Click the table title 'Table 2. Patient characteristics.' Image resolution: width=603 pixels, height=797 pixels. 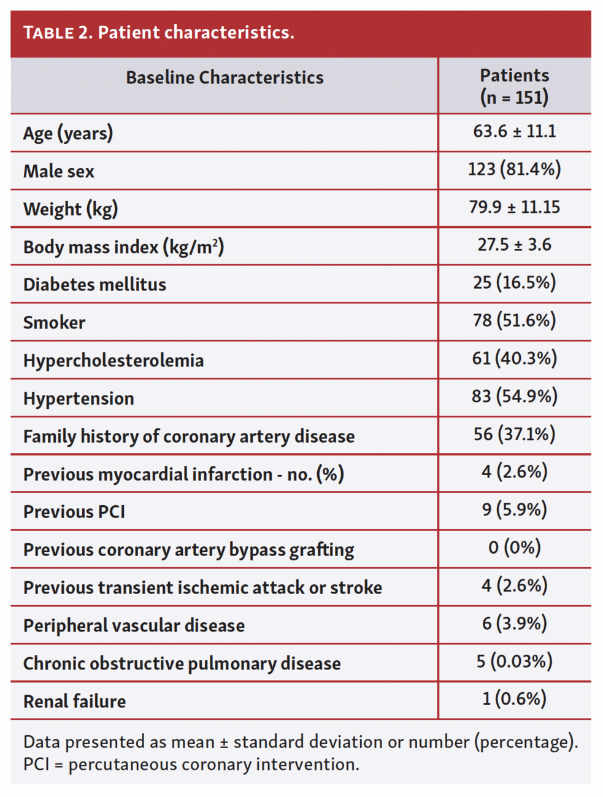[158, 32]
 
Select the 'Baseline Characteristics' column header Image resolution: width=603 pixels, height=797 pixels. [225, 78]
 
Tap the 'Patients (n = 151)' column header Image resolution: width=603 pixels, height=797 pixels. [514, 86]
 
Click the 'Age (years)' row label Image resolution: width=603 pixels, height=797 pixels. [68, 134]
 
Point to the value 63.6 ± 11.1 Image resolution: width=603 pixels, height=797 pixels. [514, 131]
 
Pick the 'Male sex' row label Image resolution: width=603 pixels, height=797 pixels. [59, 172]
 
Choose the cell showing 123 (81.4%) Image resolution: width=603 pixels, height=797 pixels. [514, 169]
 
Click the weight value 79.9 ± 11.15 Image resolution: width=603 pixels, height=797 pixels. [514, 207]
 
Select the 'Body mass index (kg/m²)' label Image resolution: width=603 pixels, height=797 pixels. [123, 247]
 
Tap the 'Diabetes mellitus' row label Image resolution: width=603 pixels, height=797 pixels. [94, 285]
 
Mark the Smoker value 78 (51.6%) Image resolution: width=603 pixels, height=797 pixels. [514, 321]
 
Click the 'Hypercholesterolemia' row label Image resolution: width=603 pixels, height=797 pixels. [113, 360]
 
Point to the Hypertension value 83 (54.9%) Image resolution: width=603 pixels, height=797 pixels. [514, 397]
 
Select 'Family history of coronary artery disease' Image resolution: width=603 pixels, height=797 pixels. [189, 437]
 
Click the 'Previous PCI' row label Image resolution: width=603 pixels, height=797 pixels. [74, 512]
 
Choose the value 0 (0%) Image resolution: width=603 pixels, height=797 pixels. [514, 547]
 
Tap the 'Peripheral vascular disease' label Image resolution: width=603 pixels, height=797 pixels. [134, 626]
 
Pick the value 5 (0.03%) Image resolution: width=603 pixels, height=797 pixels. [514, 662]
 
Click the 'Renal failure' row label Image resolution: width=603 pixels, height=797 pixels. [74, 701]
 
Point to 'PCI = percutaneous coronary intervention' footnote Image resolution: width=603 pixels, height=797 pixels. [191, 765]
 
